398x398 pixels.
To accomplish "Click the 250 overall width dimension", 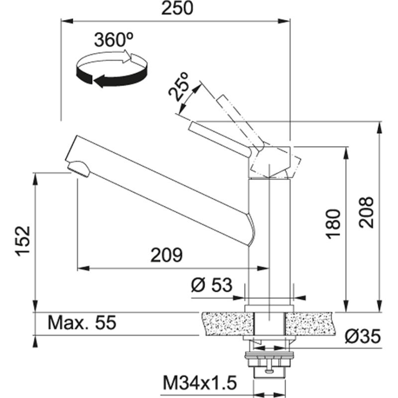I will (176, 9).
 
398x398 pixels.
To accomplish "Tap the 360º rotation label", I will (113, 39).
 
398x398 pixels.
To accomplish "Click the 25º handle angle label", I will (180, 86).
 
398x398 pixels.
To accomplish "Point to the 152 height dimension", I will (22, 242).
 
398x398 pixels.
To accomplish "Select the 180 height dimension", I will (334, 223).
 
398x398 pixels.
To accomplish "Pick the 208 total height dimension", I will (366, 212).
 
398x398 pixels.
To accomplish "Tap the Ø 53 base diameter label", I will (211, 285).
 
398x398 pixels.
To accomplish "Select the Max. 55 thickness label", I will (82, 323).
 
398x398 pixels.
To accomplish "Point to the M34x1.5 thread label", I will (199, 383).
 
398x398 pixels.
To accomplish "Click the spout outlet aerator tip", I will (79, 168).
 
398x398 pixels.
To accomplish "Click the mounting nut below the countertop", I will (269, 358).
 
